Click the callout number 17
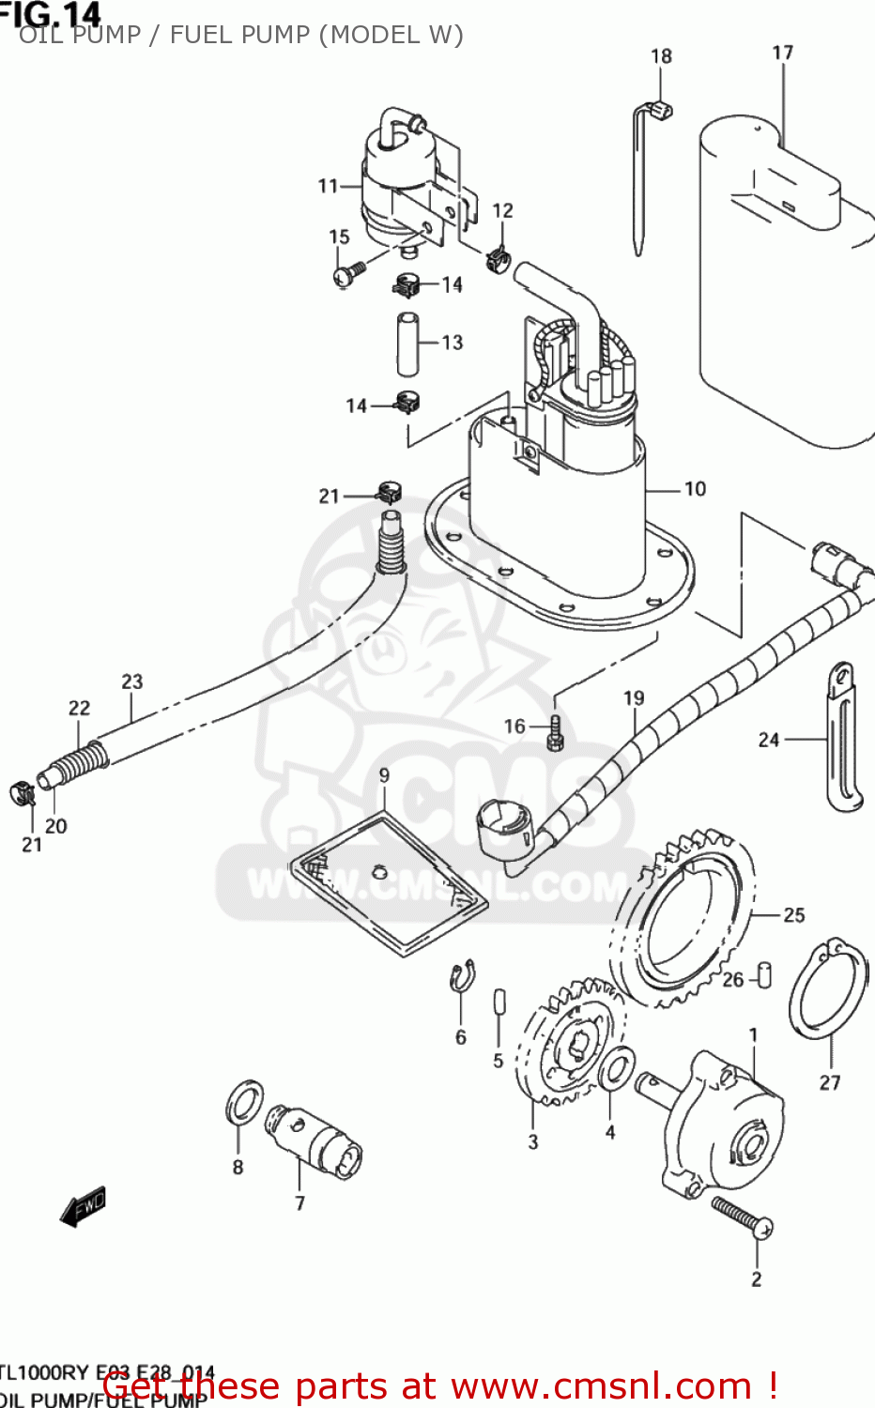[x=782, y=54]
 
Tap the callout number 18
[x=661, y=56]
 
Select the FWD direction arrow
[x=84, y=1205]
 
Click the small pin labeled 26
[x=764, y=974]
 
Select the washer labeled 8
[x=244, y=1102]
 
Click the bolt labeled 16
[x=554, y=731]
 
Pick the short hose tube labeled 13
[x=407, y=343]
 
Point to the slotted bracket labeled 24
[x=844, y=737]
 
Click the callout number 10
[x=695, y=489]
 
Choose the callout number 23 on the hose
[x=132, y=681]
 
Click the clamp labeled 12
[x=498, y=256]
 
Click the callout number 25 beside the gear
[x=794, y=914]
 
